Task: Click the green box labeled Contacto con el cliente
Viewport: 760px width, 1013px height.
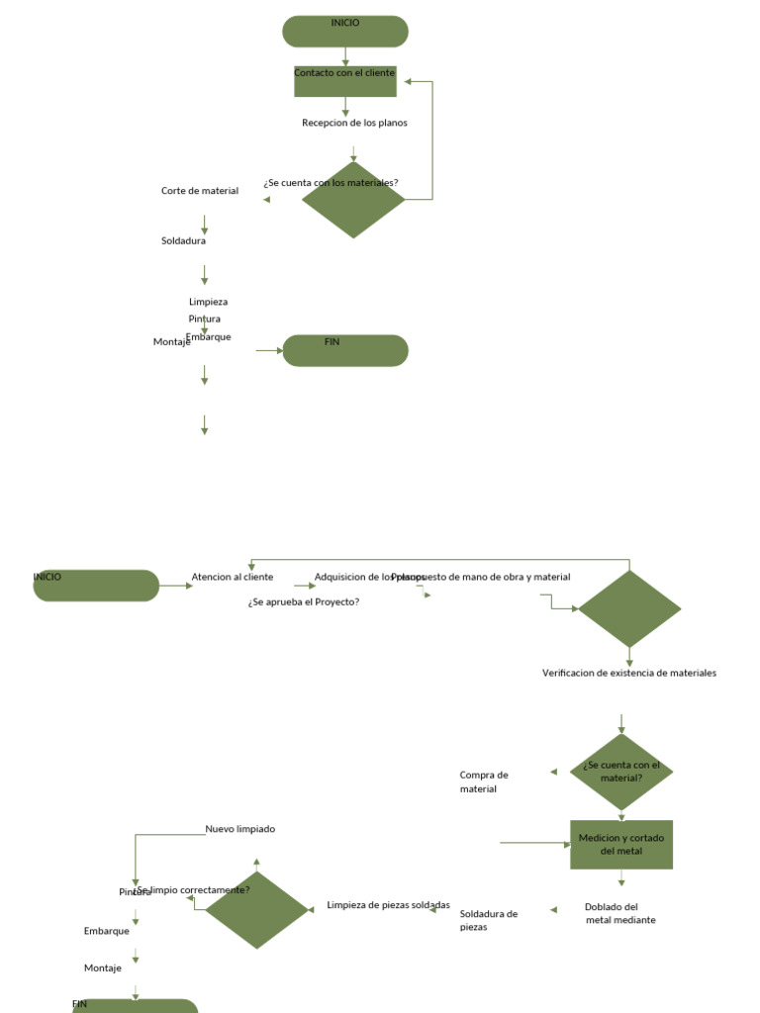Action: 345,81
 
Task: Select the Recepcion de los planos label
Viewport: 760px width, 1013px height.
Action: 354,123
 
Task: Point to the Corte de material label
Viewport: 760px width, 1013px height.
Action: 200,191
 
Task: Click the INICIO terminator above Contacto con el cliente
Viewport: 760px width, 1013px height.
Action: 345,32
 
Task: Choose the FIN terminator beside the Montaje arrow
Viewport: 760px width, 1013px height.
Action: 345,350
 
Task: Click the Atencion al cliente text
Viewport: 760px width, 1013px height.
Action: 233,577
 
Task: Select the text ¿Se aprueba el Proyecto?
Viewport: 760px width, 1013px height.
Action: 304,601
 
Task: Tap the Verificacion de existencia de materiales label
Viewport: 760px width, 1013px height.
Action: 629,673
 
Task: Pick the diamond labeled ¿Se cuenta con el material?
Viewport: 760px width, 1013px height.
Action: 621,773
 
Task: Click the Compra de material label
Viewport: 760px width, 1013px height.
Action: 484,782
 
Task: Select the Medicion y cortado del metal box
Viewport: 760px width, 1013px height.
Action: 621,845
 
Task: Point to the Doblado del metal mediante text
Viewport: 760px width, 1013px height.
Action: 619,913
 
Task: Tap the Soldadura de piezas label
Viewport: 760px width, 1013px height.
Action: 489,920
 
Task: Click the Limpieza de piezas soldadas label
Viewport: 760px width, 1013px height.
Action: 388,905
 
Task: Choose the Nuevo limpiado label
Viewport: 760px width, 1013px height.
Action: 240,829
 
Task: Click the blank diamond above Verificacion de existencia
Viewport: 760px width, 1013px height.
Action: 629,608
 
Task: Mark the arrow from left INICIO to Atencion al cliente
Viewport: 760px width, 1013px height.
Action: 176,586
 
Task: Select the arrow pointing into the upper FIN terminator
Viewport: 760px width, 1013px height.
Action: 269,350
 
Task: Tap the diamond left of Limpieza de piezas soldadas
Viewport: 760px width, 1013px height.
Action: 256,909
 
